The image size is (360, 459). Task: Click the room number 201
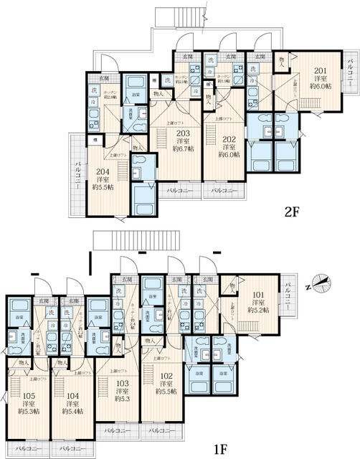point(321,70)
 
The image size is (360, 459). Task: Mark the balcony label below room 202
point(227,191)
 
